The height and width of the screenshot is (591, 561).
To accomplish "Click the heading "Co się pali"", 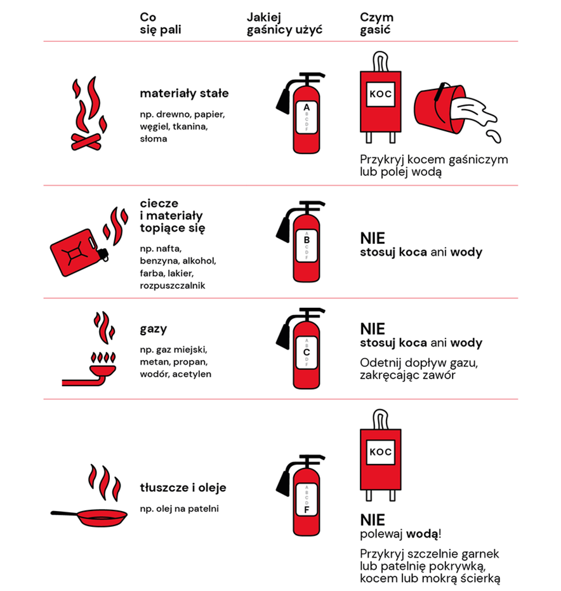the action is (x=160, y=23).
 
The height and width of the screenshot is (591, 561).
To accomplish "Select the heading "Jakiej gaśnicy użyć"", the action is (x=284, y=23).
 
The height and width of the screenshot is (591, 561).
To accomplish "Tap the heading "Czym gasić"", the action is (x=376, y=23).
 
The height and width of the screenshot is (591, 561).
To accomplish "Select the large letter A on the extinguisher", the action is (x=307, y=107).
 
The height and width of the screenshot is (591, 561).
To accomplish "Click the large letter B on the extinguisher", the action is (x=307, y=240).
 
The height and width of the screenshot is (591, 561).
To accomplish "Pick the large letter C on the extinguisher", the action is (x=307, y=352).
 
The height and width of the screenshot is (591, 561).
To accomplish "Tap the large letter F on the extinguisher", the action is (x=307, y=510).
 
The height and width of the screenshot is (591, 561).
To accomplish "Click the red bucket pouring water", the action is (x=440, y=109).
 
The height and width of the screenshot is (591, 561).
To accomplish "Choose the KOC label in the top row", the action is (x=381, y=94).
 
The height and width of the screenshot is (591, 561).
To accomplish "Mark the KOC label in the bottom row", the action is (x=381, y=452).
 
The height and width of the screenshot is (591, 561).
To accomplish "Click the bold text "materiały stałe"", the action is (x=184, y=93).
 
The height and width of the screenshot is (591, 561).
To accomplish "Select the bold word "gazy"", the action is (x=154, y=329).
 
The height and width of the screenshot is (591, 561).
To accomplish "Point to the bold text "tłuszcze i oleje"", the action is (x=183, y=488).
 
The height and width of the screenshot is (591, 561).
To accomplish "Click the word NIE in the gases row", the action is (x=373, y=329).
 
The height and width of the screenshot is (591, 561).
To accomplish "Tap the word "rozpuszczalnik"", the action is (x=173, y=286).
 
